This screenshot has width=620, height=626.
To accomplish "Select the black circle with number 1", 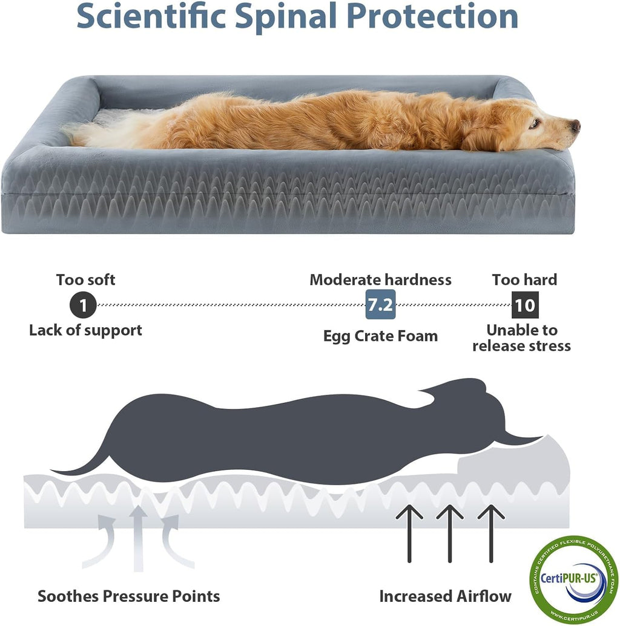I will (x=83, y=305).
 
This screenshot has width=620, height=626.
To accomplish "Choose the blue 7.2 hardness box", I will (x=381, y=305).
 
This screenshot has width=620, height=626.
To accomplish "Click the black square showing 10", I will (x=524, y=305).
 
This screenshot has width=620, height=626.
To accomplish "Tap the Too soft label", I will (x=85, y=280).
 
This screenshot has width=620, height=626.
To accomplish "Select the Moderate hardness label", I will (x=380, y=280).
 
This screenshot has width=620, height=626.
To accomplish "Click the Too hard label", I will (x=524, y=280).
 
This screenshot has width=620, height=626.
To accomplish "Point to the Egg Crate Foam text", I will (x=380, y=336).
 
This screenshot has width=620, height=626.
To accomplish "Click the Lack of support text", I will (x=85, y=330).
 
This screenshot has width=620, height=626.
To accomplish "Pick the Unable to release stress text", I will (x=521, y=338).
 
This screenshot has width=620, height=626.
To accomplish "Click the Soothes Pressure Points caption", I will (x=128, y=596).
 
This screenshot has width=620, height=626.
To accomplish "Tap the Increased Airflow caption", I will (x=445, y=596).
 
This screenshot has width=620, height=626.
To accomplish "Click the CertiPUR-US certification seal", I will (x=574, y=578).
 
